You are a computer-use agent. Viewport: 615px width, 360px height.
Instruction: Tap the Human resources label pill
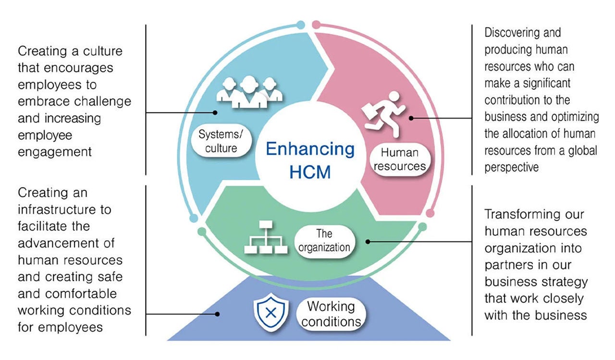click(400, 160)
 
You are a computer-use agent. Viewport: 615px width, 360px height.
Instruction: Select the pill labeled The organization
click(324, 241)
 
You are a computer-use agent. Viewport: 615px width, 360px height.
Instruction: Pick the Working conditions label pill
click(331, 313)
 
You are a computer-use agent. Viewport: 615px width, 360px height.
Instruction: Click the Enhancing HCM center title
click(310, 160)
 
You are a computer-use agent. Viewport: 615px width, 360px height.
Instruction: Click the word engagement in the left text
click(55, 152)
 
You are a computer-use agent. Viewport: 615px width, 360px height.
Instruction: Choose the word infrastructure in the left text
click(64, 210)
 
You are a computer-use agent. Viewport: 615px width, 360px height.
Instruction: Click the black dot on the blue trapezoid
click(217, 314)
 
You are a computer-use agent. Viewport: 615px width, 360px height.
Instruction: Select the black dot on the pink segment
click(411, 117)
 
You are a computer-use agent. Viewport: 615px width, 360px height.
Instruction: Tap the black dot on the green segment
click(368, 241)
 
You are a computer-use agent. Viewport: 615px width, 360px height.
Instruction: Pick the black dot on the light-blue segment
click(216, 113)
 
